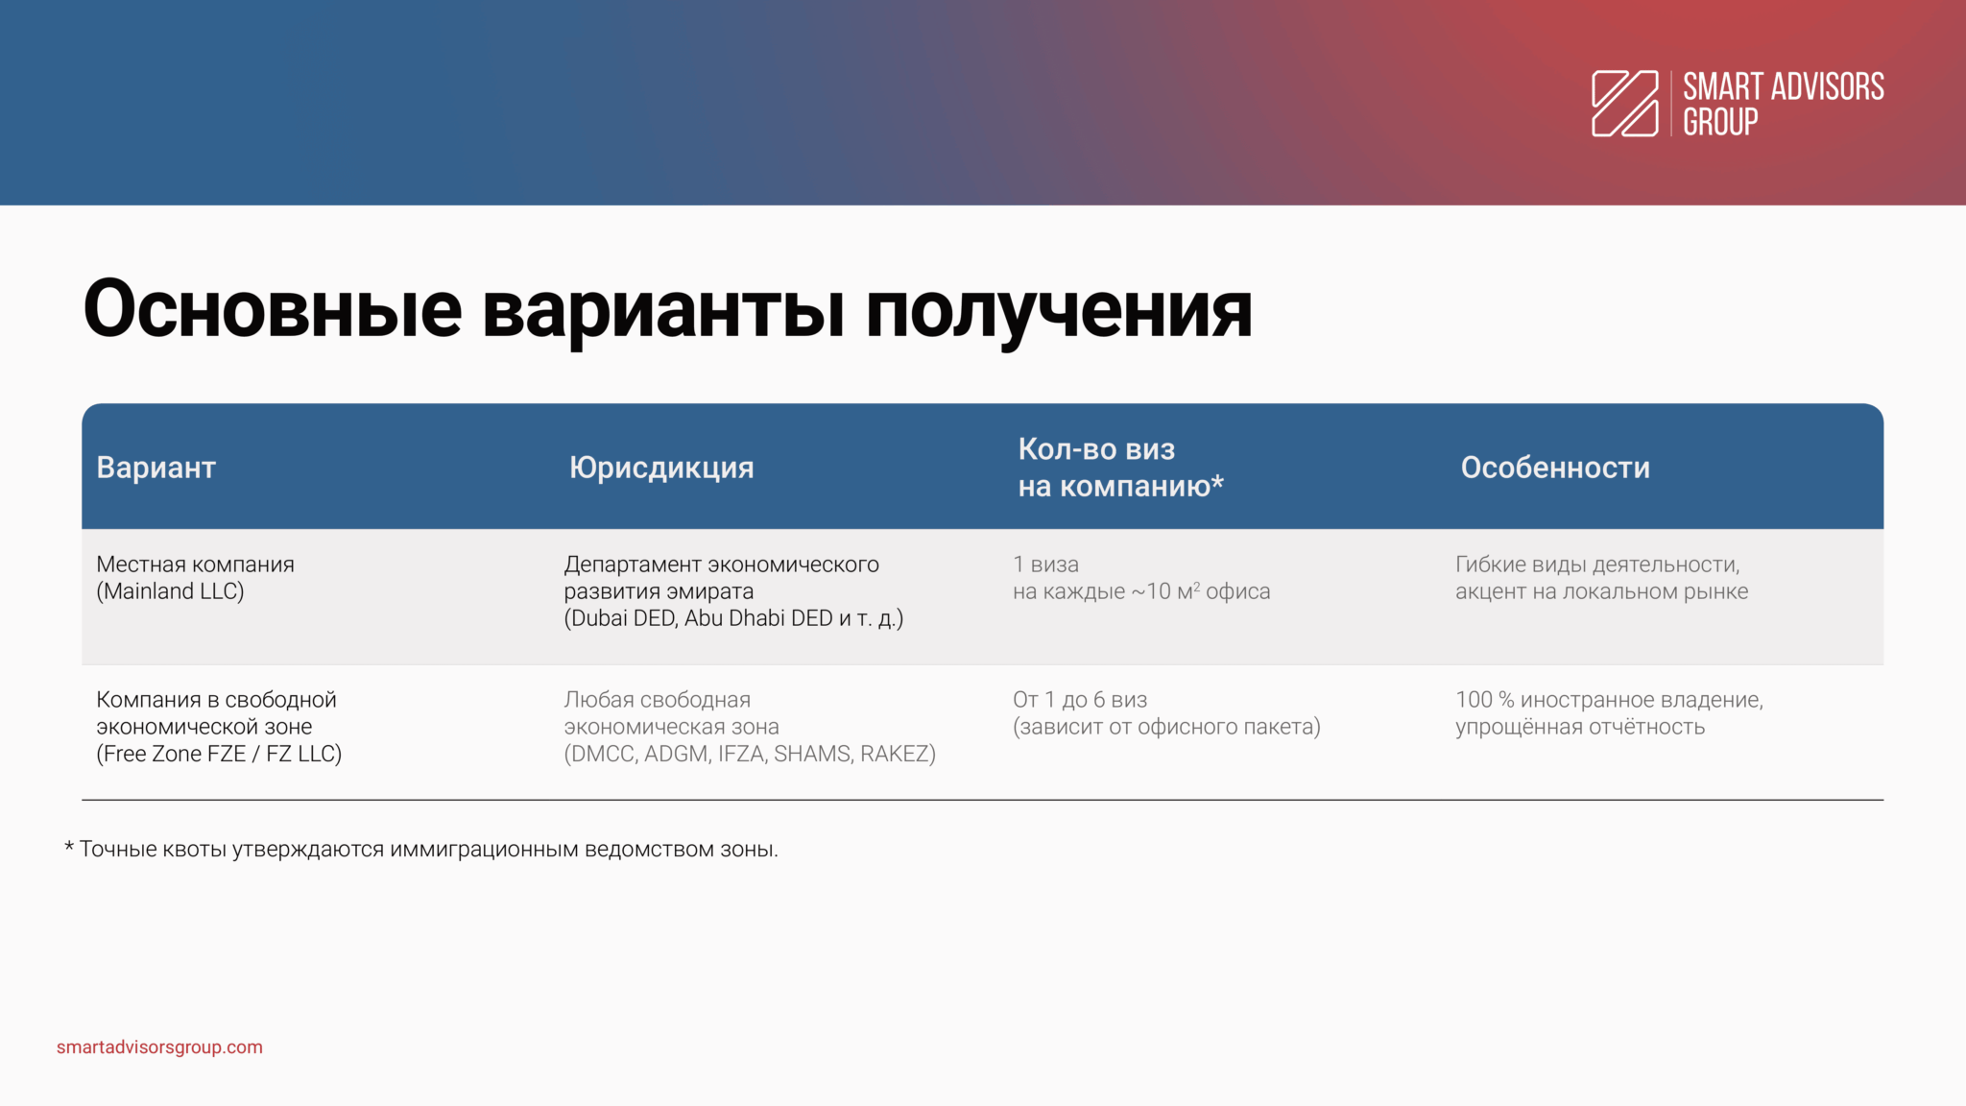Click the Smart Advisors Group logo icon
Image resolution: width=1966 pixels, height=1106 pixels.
1624,104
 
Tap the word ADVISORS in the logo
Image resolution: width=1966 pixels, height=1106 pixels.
1828,86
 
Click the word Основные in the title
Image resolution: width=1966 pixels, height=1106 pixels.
273,310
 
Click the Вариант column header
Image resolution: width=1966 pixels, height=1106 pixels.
156,468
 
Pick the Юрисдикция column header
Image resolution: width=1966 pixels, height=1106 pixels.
661,468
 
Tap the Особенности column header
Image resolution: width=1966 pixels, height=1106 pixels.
1555,468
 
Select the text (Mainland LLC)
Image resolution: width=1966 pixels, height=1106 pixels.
170,591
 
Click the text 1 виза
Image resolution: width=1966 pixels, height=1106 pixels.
1046,565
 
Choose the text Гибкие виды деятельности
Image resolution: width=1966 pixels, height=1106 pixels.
1597,565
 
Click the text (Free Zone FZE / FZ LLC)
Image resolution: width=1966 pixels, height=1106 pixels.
219,754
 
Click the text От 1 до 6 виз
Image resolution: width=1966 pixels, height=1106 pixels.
1080,700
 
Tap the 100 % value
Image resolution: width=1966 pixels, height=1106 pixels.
1484,700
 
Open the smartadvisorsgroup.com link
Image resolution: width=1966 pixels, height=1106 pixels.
159,1047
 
